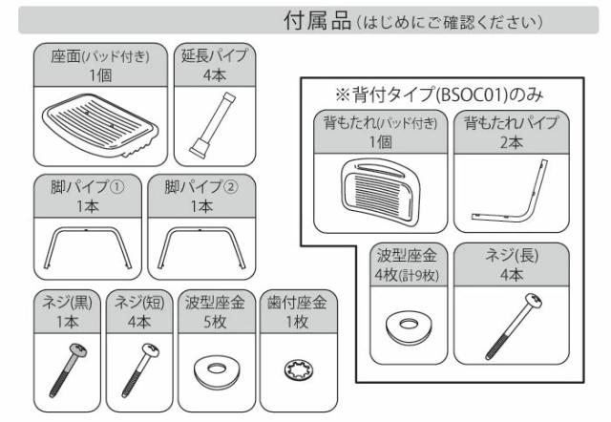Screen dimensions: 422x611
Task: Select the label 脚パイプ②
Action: tap(201, 182)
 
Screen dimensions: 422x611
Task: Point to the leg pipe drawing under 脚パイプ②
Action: tap(202, 246)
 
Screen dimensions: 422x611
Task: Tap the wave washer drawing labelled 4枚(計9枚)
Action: tap(409, 325)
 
